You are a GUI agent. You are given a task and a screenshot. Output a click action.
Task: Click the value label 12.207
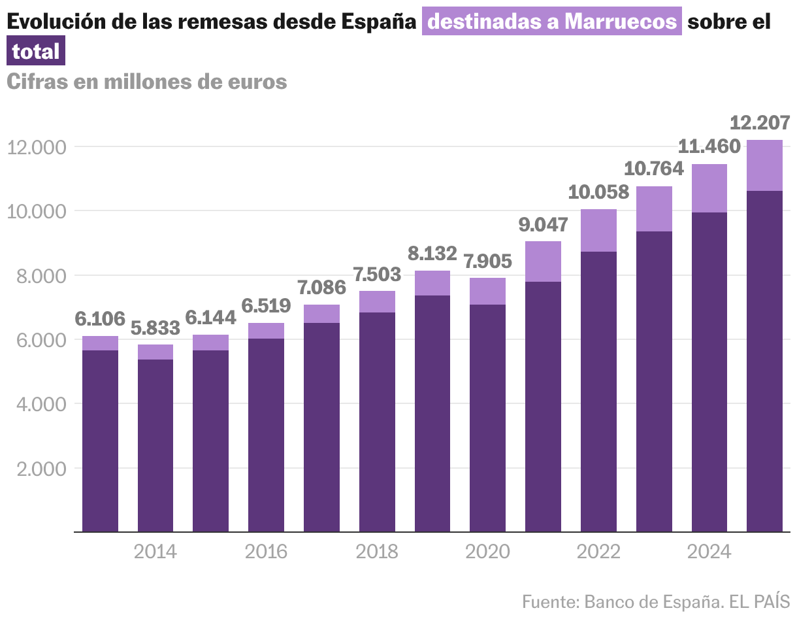click(760, 123)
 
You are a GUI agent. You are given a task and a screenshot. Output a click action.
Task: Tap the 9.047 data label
click(543, 225)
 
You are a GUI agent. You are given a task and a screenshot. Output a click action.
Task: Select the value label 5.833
click(155, 327)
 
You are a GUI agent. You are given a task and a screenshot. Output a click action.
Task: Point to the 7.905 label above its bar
click(487, 261)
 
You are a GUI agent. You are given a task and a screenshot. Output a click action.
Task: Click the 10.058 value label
click(598, 192)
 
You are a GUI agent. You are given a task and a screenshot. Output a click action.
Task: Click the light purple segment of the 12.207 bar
click(764, 165)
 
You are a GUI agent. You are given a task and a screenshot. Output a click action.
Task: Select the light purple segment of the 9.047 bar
click(543, 261)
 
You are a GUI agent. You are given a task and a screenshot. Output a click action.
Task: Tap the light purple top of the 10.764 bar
click(654, 209)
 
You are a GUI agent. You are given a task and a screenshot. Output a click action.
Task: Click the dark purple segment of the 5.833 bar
click(155, 445)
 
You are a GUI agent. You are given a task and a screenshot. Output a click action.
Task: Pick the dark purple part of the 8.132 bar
click(432, 413)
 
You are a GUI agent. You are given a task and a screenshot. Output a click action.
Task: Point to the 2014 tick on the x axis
click(155, 552)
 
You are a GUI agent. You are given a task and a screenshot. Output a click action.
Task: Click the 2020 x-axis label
click(487, 552)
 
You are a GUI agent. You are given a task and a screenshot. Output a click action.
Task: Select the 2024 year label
click(709, 552)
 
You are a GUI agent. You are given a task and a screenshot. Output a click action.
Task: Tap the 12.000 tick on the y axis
click(37, 148)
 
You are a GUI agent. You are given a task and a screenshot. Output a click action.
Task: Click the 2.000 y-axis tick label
click(41, 469)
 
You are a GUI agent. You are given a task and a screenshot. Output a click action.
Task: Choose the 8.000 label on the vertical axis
click(41, 276)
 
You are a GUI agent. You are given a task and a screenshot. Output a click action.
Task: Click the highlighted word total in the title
click(35, 50)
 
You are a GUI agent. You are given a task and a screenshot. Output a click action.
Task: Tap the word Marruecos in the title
click(621, 22)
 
